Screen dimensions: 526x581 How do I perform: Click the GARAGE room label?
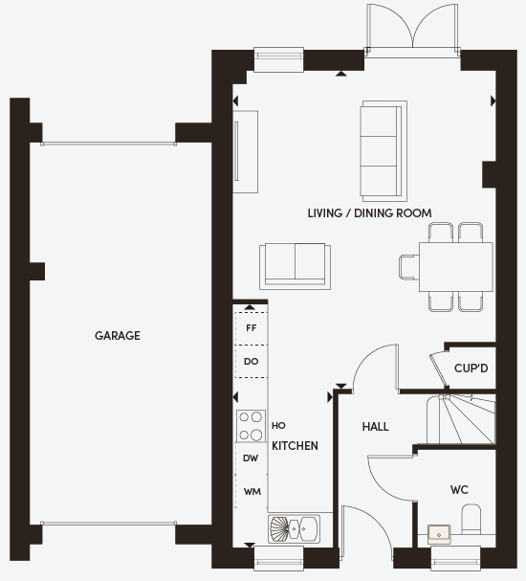(118, 336)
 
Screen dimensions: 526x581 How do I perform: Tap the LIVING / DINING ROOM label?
(370, 213)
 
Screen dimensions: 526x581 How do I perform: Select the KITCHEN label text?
(295, 446)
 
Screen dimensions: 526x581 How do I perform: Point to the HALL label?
(375, 427)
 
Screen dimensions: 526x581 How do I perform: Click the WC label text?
(459, 490)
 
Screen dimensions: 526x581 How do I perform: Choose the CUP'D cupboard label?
(471, 369)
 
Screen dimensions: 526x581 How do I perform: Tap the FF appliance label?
(252, 328)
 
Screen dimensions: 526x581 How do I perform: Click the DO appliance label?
(252, 361)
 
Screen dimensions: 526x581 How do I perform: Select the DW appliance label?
(251, 458)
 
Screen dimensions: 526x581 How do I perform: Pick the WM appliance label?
(252, 492)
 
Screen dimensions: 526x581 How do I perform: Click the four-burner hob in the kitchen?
(251, 426)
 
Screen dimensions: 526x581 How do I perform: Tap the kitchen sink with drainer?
(294, 528)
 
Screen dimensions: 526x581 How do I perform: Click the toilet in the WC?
(471, 519)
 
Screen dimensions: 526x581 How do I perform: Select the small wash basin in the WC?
(439, 534)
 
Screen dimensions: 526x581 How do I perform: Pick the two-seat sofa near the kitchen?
(295, 266)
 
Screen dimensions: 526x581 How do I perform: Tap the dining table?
(455, 267)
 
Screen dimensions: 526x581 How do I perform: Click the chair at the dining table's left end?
(409, 267)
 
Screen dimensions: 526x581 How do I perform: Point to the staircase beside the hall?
(461, 419)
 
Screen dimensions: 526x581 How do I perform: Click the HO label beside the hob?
(278, 426)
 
